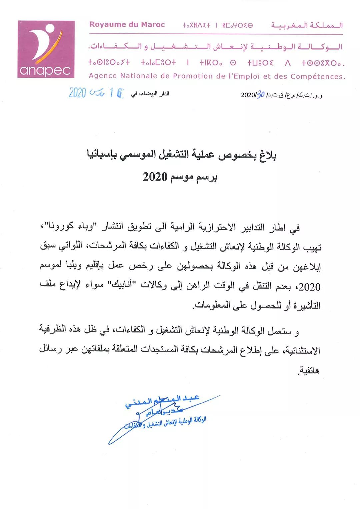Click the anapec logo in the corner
coord(46,49)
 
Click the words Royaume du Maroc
coord(127,24)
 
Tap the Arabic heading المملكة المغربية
coord(307,25)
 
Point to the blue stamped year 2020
coord(77,92)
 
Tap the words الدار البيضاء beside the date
coord(154,94)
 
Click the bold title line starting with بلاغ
coord(182,155)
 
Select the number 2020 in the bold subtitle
coord(155,177)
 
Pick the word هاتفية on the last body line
coord(309,370)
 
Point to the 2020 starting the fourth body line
coord(309,287)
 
